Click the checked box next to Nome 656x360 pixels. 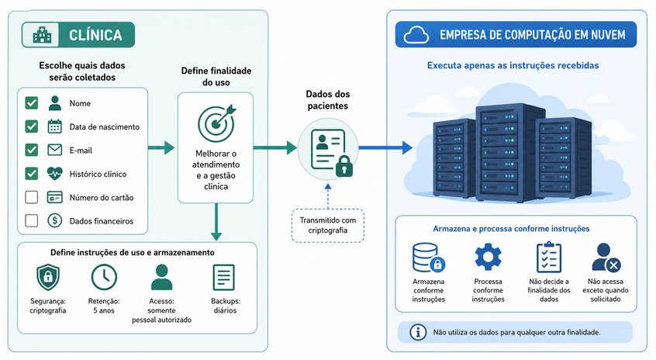(31, 103)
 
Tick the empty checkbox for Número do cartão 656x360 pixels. (31, 197)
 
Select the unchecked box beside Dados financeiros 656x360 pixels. (31, 220)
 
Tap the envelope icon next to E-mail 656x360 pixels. (55, 150)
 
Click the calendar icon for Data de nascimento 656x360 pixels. (55, 126)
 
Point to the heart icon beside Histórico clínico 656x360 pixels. (55, 173)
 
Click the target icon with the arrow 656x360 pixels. (216, 123)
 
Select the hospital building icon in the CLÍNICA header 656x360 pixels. (42, 35)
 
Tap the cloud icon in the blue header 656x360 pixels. (416, 35)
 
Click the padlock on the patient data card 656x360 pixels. (344, 166)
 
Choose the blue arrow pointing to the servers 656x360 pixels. (385, 147)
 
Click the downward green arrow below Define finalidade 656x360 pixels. (216, 222)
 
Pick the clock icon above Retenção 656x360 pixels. (104, 277)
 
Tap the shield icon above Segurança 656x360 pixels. (48, 277)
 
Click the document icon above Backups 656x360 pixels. (224, 277)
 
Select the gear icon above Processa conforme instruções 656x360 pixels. (488, 257)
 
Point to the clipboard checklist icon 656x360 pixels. (549, 257)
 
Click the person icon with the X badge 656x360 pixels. (606, 257)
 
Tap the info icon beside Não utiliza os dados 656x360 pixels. (417, 332)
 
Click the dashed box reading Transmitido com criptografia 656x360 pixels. (327, 225)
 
